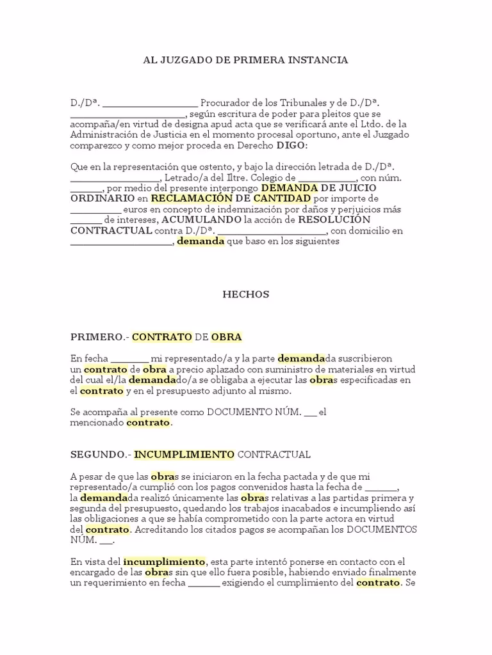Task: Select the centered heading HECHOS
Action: (x=245, y=295)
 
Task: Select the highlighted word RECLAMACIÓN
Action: (x=190, y=199)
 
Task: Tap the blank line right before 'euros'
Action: (x=95, y=210)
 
